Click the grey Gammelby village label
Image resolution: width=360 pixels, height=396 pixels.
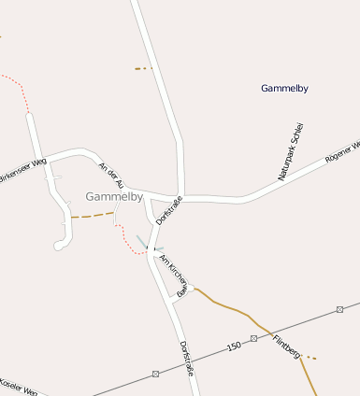click(113, 197)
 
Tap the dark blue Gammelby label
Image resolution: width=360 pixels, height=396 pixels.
click(284, 89)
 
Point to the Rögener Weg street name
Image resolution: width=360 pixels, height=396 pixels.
click(341, 153)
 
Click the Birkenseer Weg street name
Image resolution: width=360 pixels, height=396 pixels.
click(22, 172)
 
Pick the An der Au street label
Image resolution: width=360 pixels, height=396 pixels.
click(110, 176)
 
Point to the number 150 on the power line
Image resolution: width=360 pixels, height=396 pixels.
click(233, 346)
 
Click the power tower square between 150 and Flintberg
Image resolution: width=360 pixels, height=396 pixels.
click(253, 337)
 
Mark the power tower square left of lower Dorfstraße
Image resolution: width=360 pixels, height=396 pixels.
click(155, 373)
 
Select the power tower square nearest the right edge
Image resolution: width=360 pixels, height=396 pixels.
click(339, 308)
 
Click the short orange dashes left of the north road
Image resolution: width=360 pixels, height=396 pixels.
click(142, 68)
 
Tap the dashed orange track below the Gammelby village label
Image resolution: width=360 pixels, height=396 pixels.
click(92, 216)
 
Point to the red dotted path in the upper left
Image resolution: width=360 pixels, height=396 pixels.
click(19, 84)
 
